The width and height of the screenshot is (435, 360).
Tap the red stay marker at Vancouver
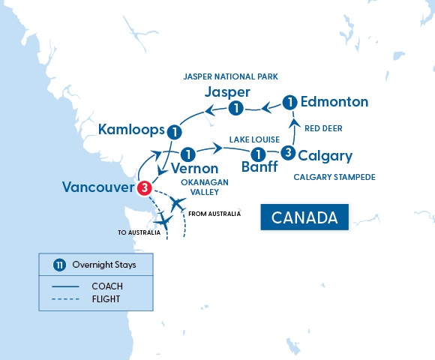[x=145, y=187]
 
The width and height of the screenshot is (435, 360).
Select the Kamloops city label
[x=131, y=131]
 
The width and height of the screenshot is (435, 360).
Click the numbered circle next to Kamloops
[x=174, y=131]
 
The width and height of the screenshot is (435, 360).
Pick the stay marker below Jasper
[x=235, y=109]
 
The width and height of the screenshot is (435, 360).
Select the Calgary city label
[x=325, y=156]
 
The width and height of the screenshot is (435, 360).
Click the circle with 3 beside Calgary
[x=287, y=153]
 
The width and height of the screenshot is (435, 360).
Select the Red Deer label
[x=322, y=128]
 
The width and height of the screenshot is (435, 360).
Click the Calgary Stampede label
[x=334, y=177]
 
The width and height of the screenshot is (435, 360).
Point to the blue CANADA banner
[x=304, y=217]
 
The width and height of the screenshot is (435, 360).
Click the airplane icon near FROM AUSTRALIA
[x=178, y=203]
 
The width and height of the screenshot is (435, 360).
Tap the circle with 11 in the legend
[x=59, y=265]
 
